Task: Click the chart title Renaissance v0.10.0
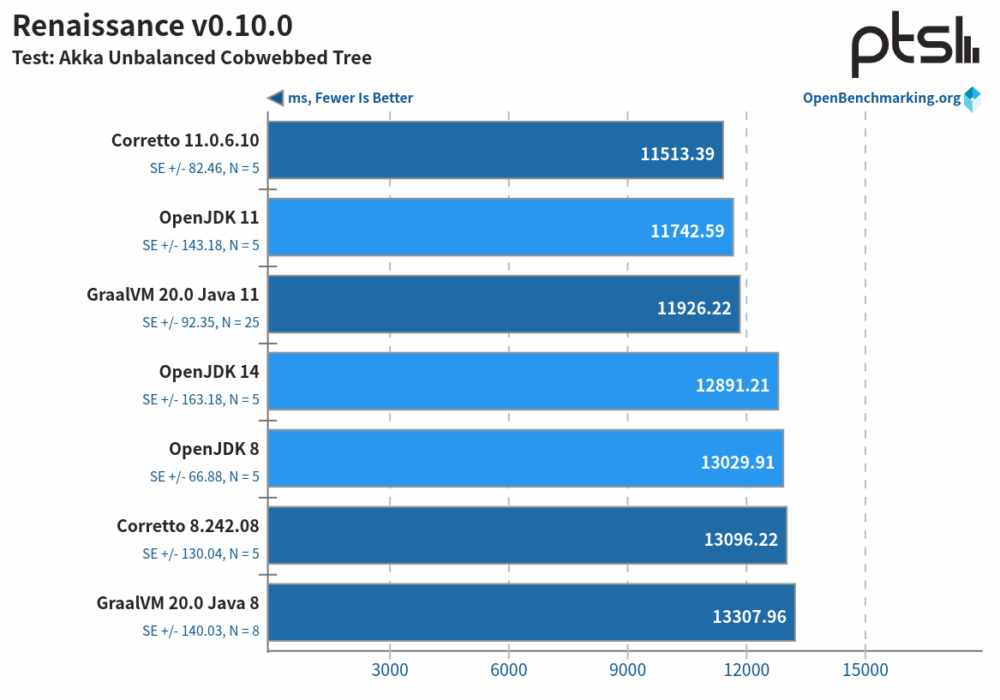point(153,26)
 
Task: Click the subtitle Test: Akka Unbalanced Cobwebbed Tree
point(192,58)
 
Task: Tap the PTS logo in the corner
point(914,46)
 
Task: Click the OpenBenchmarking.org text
point(881,98)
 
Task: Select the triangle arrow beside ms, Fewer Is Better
point(275,98)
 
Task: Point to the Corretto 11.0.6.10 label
point(185,141)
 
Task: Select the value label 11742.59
point(687,231)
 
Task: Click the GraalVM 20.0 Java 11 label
point(173,295)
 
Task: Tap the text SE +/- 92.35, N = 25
point(201,323)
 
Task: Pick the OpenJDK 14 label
point(209,372)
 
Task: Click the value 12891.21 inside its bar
point(732,386)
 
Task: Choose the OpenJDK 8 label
point(214,449)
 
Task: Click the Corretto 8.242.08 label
point(189,526)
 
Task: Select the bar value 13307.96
point(749,616)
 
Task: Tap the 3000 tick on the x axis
point(390,670)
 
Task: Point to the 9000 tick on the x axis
point(627,670)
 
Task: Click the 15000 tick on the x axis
point(865,670)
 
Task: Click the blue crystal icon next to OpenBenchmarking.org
point(972,99)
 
